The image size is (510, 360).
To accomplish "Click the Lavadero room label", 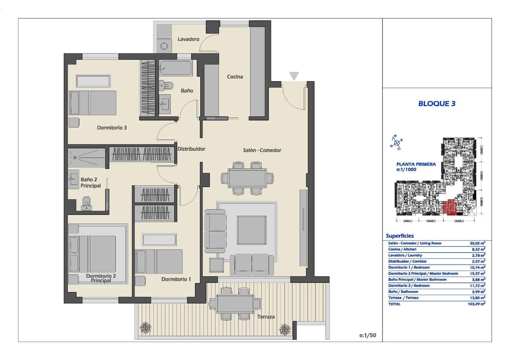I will click(188, 39).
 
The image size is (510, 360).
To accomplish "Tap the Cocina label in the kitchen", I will click(235, 77).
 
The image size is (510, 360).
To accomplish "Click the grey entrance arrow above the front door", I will click(294, 76).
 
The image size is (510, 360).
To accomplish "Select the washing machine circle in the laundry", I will click(164, 46).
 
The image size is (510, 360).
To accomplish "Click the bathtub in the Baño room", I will click(176, 68).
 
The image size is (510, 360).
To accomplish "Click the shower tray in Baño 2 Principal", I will click(86, 158).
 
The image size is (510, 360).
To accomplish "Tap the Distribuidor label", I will click(191, 149).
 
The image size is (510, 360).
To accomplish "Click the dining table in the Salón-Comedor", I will click(247, 178).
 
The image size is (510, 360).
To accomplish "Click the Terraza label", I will click(266, 317).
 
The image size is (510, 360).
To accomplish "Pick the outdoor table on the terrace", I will click(235, 303).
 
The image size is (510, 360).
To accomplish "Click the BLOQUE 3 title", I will click(437, 104).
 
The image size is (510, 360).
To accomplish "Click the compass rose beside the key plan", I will click(396, 142).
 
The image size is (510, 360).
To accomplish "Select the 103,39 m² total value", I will click(477, 304).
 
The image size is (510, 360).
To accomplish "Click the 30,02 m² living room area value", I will click(477, 243).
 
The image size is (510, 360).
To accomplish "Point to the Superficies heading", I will click(400, 236).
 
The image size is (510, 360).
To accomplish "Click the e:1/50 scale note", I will click(368, 335).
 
